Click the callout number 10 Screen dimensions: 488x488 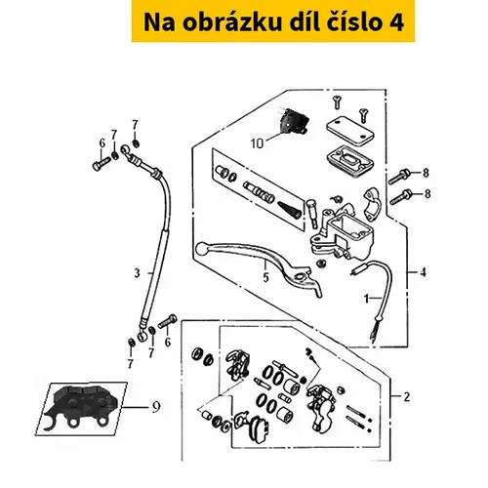coord(257,143)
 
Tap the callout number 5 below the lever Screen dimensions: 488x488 coord(266,277)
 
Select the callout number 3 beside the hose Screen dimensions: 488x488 coord(138,273)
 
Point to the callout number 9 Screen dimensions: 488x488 coord(156,407)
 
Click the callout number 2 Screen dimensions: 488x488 coord(407,397)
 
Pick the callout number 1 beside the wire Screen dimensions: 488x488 coord(367,299)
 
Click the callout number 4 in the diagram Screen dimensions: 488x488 coord(423,272)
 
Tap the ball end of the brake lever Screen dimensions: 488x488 coord(202,249)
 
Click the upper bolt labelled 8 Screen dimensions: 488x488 coord(400,176)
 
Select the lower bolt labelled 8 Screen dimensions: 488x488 coord(401,196)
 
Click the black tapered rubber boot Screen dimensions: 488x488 coord(287,209)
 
